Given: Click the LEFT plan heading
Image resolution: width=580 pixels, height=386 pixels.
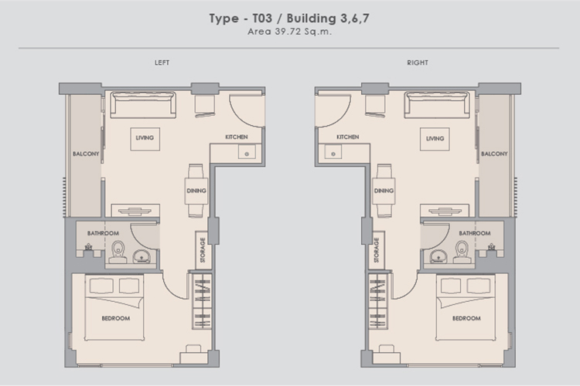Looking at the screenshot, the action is click(162, 63).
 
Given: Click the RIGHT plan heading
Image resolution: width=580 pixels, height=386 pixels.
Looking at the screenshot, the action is click(418, 63).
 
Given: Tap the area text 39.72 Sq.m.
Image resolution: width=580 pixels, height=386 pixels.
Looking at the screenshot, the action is click(303, 32).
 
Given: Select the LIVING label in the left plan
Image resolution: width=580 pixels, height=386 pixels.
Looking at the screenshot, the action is click(145, 137).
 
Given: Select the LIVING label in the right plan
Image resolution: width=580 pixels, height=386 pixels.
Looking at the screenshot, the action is click(435, 138).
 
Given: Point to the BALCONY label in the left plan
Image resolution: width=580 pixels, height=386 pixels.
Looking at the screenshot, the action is click(86, 154).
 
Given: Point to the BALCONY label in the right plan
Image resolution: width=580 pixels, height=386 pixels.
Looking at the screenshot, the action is click(494, 154).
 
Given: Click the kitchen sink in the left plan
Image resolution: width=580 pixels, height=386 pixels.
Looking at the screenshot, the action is click(247, 151).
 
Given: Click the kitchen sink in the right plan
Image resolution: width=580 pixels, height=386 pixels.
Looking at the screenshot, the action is click(333, 151).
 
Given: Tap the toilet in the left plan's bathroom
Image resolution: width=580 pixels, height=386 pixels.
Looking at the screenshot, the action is click(118, 252).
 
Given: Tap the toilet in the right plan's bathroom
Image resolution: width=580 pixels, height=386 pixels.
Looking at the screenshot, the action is click(462, 252).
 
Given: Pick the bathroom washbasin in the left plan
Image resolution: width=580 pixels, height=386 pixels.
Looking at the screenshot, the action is click(142, 256).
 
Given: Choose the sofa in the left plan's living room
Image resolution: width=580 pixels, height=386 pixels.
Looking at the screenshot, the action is click(143, 105).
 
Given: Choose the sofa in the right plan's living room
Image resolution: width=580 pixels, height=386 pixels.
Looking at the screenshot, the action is click(437, 105).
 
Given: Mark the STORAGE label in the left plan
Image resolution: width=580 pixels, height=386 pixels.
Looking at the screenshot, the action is click(203, 250).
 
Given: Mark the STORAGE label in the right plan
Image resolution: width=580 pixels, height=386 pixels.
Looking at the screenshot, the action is click(377, 250).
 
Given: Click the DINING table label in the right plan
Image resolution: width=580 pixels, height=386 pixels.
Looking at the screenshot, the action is click(384, 191).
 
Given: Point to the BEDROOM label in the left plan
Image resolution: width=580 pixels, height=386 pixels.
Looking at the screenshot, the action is click(116, 318).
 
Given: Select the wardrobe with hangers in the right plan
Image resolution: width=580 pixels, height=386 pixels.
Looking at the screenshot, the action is click(377, 301).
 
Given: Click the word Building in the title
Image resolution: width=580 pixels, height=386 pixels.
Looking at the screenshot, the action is click(312, 18).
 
